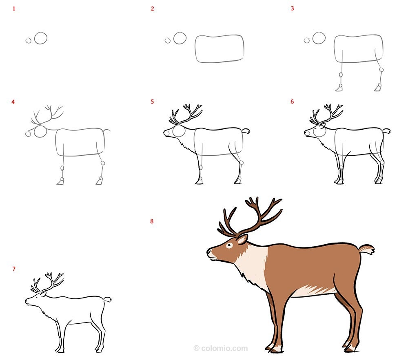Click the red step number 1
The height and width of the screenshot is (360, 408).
tap(14, 9)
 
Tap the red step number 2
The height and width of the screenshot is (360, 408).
tap(152, 9)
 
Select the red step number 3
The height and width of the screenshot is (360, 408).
tap(292, 8)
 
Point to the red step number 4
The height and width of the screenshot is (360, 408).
tap(13, 102)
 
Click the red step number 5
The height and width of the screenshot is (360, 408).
tap(152, 102)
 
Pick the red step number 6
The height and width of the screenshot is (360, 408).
tap(292, 102)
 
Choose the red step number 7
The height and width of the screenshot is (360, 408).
tap(14, 269)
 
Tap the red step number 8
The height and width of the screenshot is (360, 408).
tap(152, 221)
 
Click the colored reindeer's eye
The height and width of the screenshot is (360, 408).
tap(229, 245)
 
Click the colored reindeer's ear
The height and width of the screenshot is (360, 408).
tap(242, 239)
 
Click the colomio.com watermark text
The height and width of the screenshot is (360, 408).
tap(221, 348)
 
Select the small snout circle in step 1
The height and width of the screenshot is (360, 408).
tap(29, 40)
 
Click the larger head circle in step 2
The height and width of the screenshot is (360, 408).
tap(180, 38)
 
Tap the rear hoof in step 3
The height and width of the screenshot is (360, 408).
tap(378, 88)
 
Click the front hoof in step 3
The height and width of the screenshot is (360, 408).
tap(339, 88)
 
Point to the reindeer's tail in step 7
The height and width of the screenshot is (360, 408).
tap(107, 299)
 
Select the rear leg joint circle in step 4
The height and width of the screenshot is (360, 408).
tap(103, 163)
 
